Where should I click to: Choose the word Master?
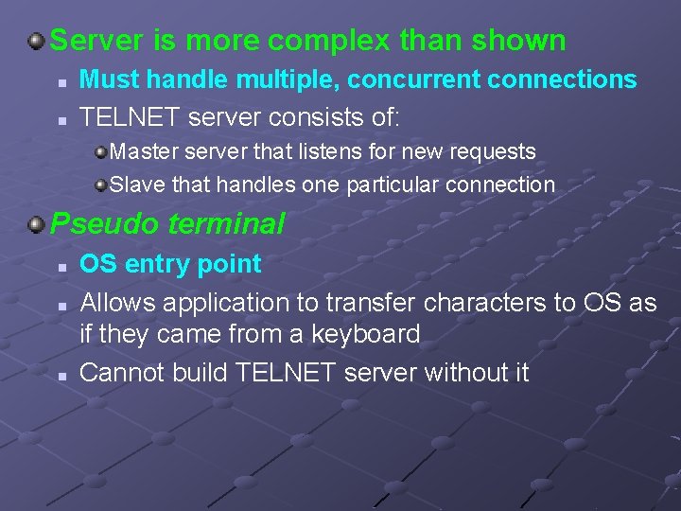(x=140, y=151)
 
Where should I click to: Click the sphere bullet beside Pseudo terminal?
(x=36, y=224)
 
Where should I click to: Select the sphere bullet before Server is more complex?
(x=36, y=41)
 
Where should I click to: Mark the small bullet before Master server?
(x=100, y=151)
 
